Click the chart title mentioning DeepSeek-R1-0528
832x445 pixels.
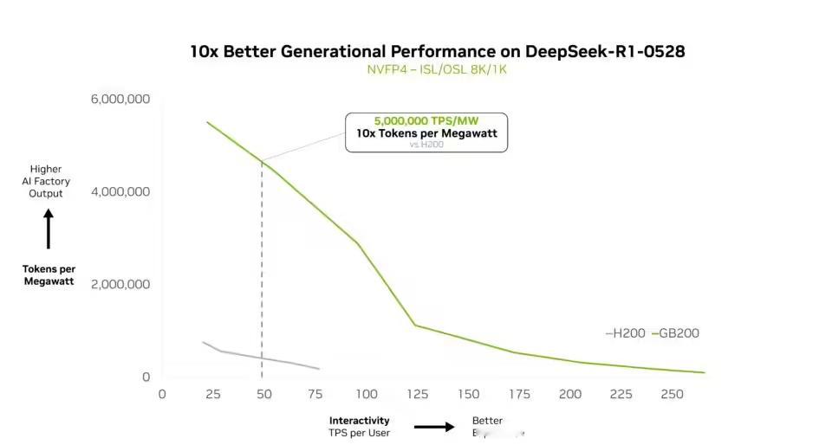click(x=438, y=51)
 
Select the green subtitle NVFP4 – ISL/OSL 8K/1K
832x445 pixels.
click(x=438, y=69)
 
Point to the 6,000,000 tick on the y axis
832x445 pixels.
click(x=120, y=100)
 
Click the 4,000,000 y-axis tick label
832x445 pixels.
click(x=120, y=191)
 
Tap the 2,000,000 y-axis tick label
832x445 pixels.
click(x=120, y=284)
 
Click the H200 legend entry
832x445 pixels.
click(x=627, y=333)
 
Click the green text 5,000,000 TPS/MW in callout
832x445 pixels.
click(x=426, y=121)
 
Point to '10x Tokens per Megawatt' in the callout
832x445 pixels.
click(x=426, y=133)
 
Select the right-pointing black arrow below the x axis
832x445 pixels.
click(x=434, y=426)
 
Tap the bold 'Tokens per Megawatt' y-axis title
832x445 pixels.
click(x=49, y=275)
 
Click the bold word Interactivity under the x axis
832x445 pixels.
click(x=359, y=421)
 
